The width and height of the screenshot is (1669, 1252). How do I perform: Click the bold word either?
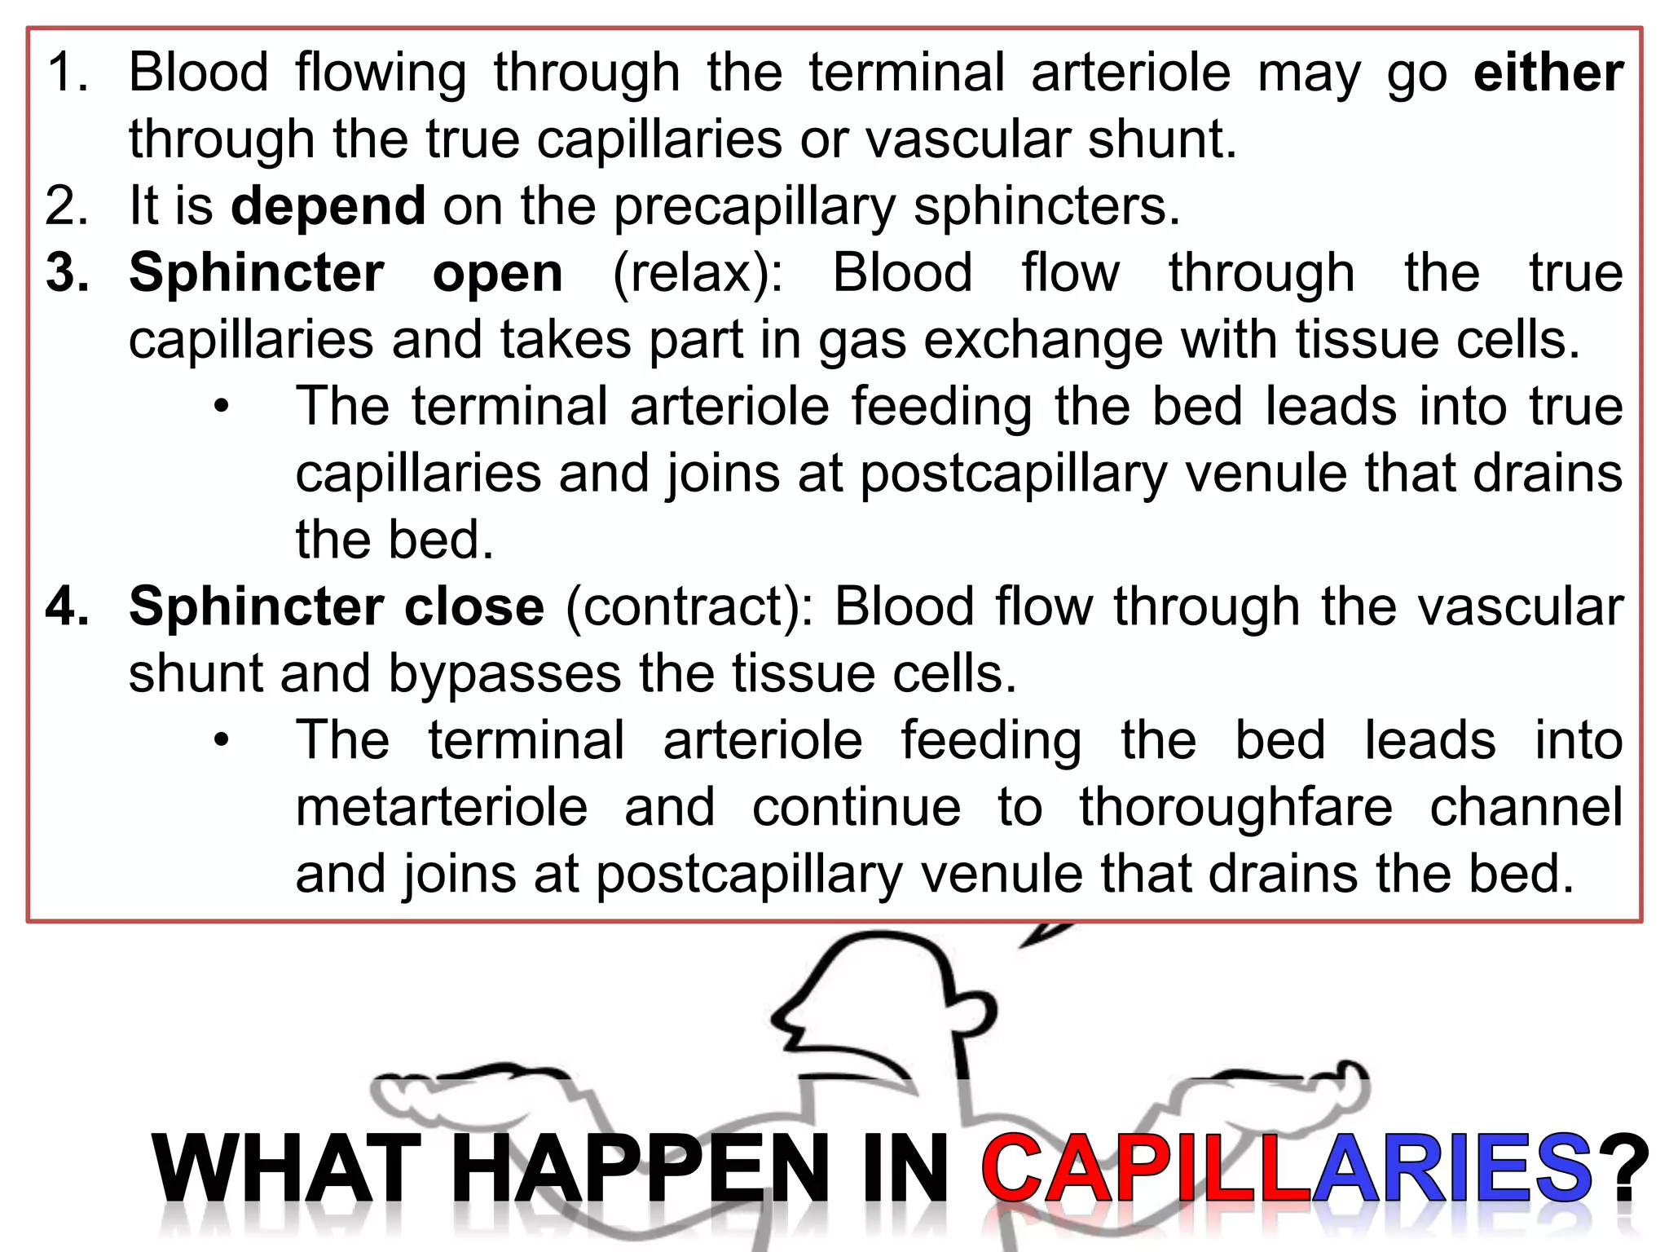click(1548, 73)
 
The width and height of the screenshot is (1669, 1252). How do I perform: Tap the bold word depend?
click(328, 206)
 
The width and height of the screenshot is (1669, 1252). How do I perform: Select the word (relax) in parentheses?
click(698, 273)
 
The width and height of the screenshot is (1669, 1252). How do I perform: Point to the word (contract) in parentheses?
click(689, 607)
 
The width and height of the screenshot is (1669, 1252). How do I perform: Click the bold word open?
click(497, 273)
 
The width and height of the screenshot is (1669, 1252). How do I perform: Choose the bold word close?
click(474, 607)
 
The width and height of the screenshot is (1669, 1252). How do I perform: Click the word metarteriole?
click(441, 808)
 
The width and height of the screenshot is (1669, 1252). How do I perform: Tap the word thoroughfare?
click(1236, 808)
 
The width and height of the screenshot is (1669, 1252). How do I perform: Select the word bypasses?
click(504, 674)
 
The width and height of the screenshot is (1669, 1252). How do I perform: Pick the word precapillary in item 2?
click(754, 206)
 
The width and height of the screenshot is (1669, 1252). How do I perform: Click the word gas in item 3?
click(862, 340)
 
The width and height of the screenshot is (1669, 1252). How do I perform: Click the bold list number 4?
click(67, 607)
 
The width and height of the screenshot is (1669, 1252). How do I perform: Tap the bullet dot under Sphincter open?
click(222, 407)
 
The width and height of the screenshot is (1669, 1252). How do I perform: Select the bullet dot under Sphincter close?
click(222, 741)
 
